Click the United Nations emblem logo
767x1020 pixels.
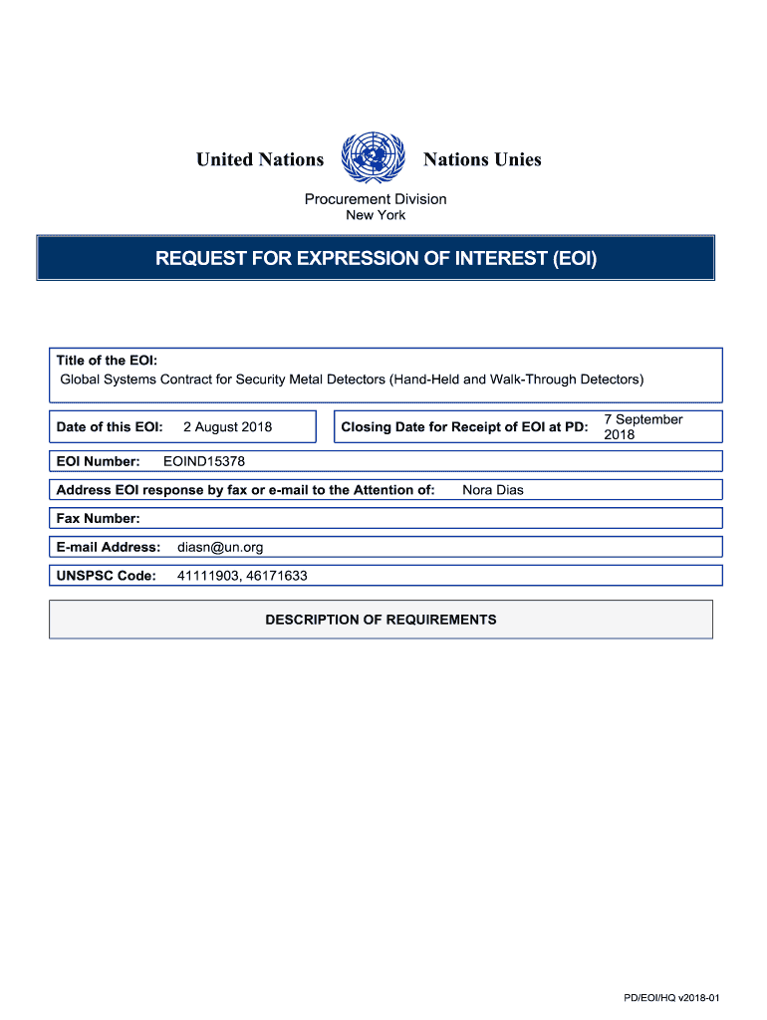(374, 159)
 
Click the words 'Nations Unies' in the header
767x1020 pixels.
(482, 159)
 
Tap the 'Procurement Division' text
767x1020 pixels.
(376, 199)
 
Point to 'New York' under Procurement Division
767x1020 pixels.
(376, 215)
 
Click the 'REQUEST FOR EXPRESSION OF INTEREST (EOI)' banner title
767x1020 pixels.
(376, 260)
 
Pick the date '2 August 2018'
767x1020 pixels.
(227, 427)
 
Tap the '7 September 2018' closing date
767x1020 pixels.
(642, 427)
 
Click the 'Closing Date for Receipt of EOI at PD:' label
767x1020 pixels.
(464, 427)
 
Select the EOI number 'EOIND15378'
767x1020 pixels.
(204, 461)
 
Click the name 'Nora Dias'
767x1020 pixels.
(493, 490)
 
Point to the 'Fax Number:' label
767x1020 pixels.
(98, 518)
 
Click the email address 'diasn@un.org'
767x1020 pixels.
(220, 547)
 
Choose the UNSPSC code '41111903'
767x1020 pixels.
(206, 576)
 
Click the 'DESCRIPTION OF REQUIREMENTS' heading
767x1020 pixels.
(381, 620)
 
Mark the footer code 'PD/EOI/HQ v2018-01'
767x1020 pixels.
(678, 998)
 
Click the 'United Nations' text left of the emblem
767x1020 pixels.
(260, 159)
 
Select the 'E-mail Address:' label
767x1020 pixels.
(109, 547)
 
